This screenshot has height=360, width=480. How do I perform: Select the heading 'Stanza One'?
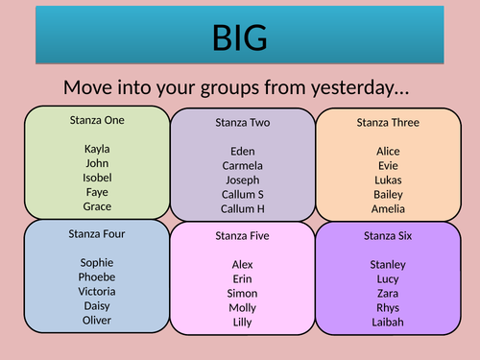[x=97, y=120]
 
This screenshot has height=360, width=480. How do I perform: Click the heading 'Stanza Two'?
[x=243, y=123]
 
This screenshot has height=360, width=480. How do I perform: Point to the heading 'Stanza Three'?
[x=388, y=122]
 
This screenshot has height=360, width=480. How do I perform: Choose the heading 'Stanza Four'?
[x=97, y=233]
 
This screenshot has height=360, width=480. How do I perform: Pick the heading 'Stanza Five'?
[x=243, y=235]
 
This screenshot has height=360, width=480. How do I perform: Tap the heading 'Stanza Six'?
[x=388, y=235]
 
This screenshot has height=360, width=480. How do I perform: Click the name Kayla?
[x=97, y=149]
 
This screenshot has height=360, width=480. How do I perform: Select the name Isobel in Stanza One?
[x=97, y=178]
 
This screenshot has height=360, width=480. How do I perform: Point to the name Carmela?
[x=243, y=165]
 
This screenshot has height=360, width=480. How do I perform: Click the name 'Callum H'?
[x=243, y=208]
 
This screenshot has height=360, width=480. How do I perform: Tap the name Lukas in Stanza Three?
[x=388, y=180]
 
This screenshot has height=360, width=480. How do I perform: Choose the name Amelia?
[x=388, y=208]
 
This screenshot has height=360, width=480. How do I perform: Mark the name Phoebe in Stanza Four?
[x=97, y=276]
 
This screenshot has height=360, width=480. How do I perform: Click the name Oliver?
[x=97, y=320]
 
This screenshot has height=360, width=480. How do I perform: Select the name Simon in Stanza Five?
[x=243, y=293]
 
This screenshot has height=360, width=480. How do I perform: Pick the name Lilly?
[x=243, y=322]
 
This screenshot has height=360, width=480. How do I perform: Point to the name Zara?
[x=388, y=293]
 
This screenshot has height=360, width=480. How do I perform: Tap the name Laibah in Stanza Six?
[x=388, y=322]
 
